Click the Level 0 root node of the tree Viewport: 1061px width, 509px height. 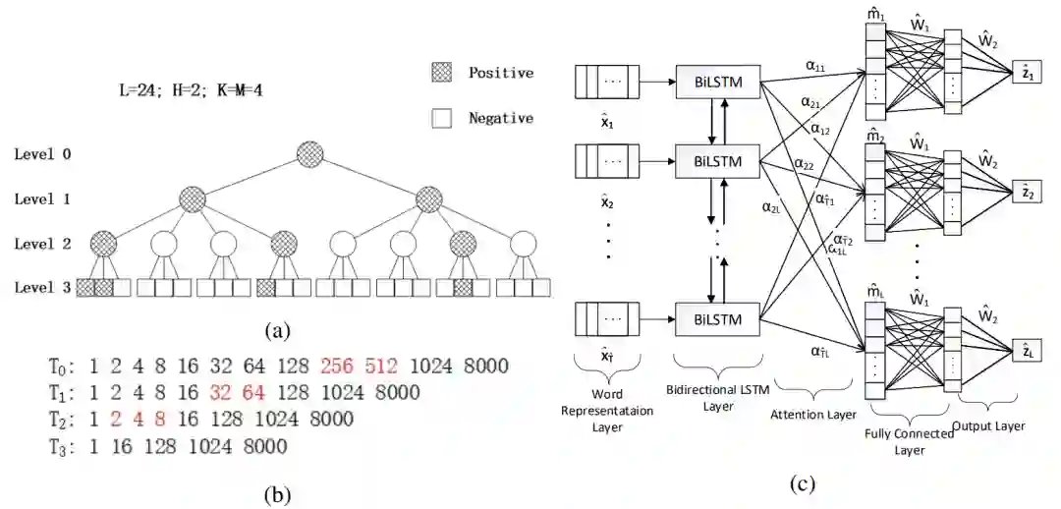310,154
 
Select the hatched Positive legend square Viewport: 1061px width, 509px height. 442,73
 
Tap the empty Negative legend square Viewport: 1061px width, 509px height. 442,118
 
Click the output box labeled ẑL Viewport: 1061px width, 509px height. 1029,351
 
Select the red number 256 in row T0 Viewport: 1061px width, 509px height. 337,368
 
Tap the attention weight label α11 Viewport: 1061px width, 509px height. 815,65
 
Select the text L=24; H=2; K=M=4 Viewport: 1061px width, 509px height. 193,89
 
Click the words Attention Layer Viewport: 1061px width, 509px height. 814,415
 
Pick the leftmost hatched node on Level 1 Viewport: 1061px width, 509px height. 193,199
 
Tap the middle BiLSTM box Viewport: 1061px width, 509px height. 719,160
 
